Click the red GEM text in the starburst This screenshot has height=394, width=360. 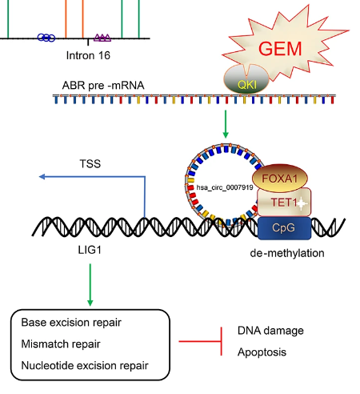pos(280,49)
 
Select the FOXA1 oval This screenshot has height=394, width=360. pos(280,179)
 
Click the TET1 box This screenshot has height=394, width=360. pos(284,203)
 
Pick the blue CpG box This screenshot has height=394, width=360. pos(284,228)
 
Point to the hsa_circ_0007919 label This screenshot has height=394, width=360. pos(225,187)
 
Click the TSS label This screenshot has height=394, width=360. pos(90,163)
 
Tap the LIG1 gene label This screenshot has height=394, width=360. pos(90,250)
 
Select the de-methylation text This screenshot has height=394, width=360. pos(287,253)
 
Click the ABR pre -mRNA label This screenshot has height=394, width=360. pos(103,86)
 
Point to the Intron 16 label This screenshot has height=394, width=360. pos(88,55)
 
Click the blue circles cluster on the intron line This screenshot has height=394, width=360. pos(46,38)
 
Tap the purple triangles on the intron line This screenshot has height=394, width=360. pos(102,38)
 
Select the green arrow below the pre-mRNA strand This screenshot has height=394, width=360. pos(226,124)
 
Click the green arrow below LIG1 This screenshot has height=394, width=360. pos(90,285)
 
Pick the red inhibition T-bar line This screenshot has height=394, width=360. pos(201,341)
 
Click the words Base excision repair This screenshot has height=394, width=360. pos(71,323)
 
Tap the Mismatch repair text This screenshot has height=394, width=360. pos(61,344)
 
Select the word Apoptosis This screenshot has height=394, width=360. pos(262,352)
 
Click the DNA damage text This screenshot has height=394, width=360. pos(270,331)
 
